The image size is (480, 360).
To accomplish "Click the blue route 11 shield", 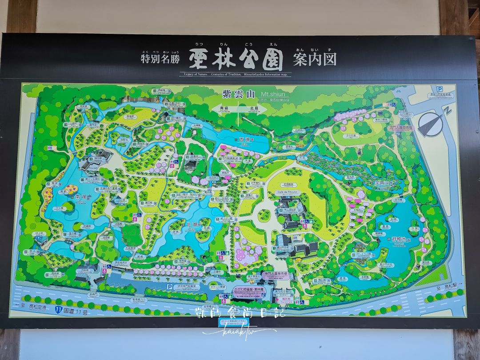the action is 58,308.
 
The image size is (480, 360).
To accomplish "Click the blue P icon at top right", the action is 439,89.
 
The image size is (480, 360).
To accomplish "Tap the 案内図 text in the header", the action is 315,59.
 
